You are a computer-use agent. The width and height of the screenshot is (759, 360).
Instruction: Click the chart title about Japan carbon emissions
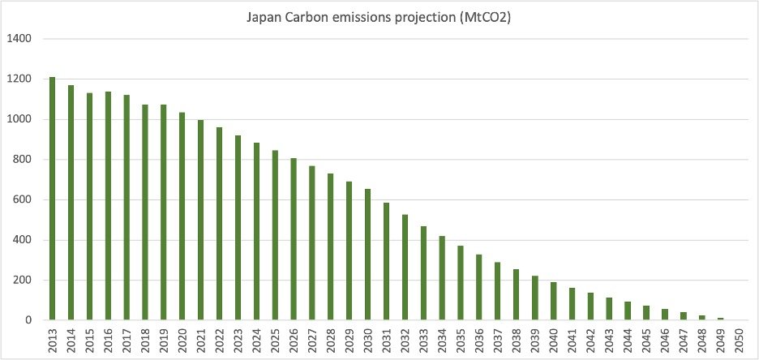tap(379, 17)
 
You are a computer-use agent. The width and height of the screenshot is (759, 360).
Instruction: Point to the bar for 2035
tap(461, 283)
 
